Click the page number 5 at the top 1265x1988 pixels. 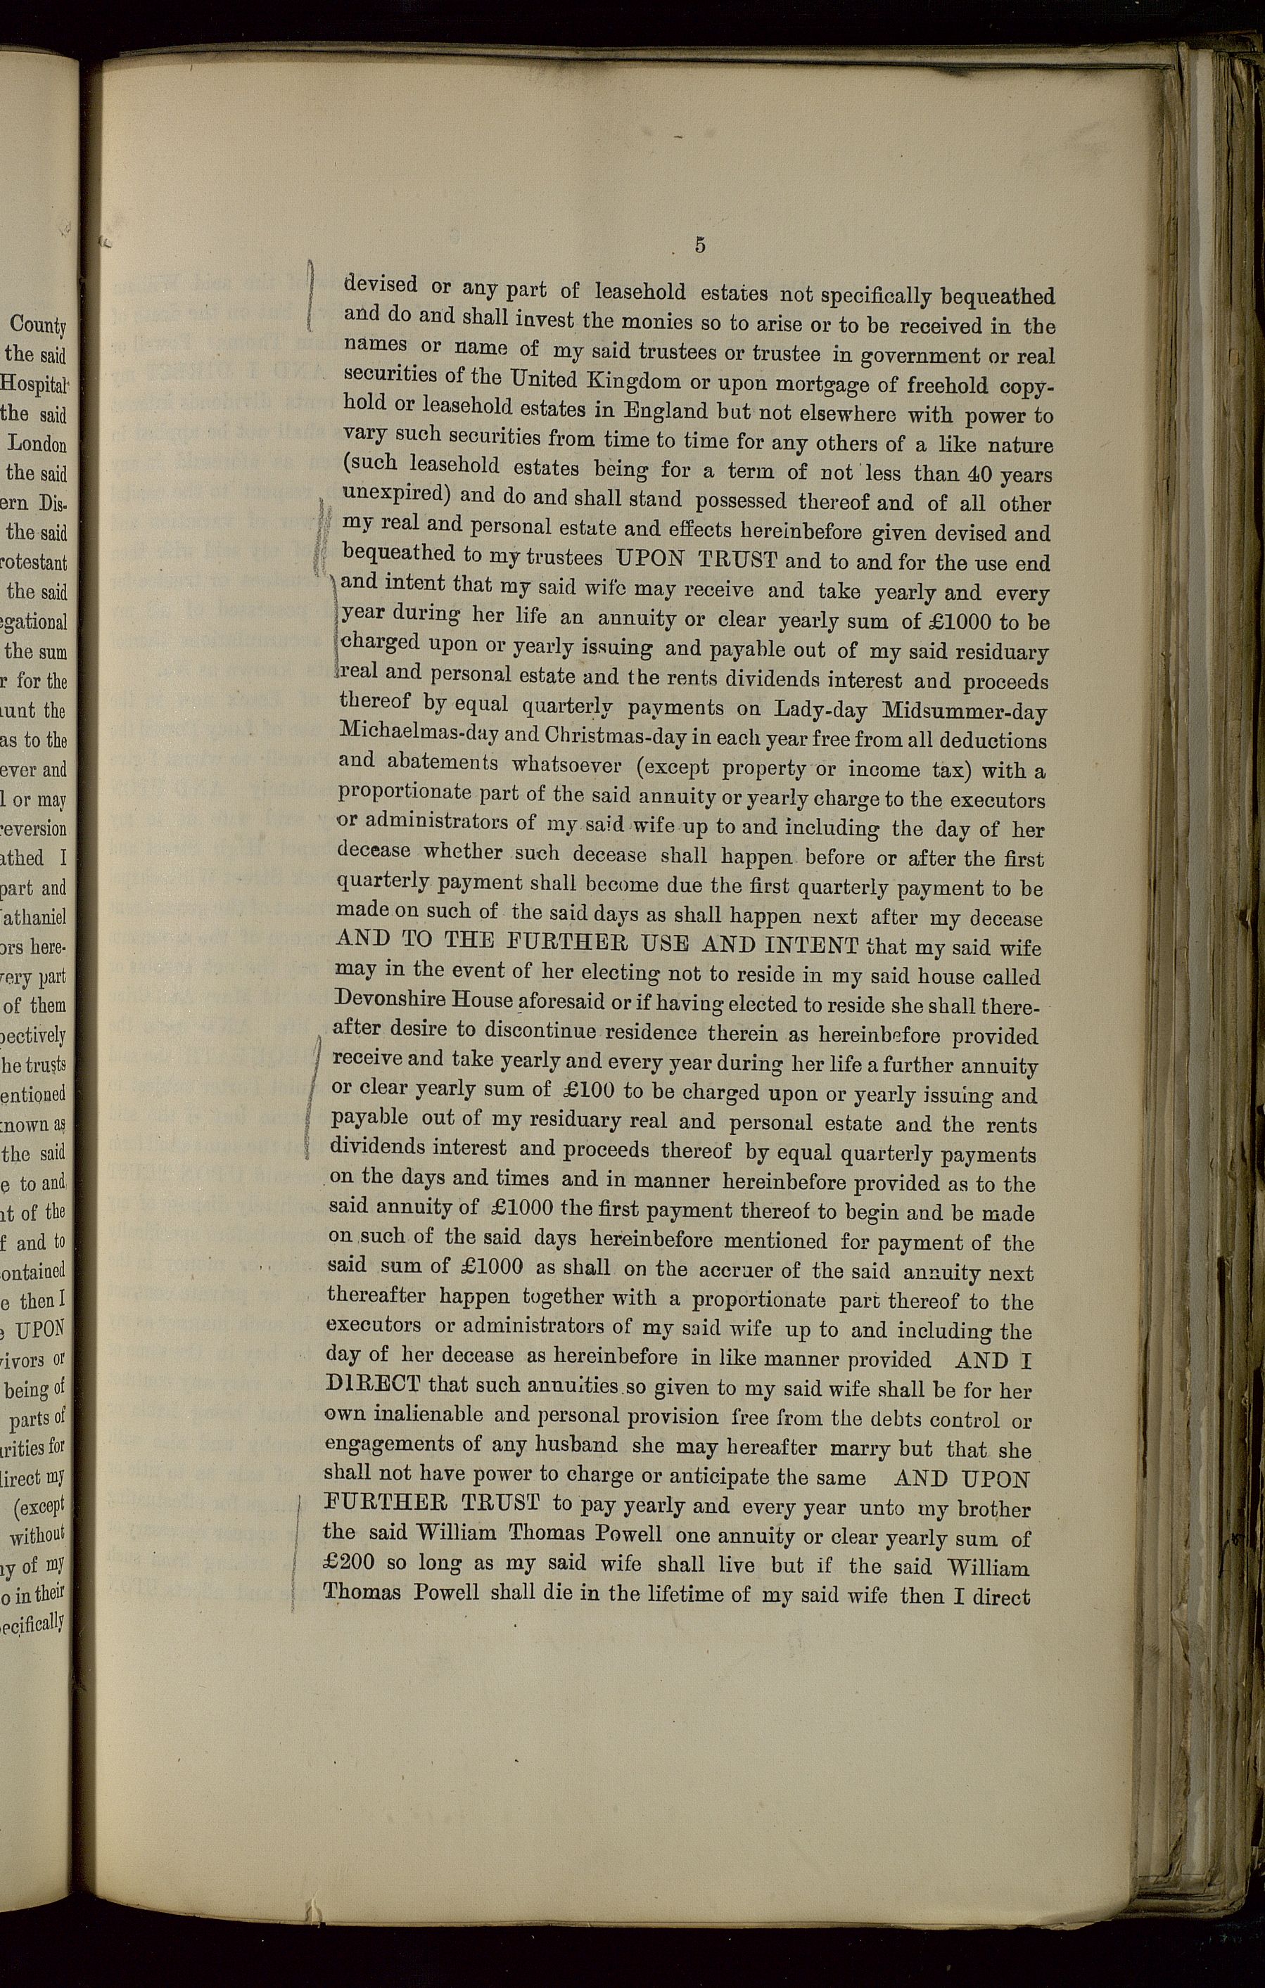699,245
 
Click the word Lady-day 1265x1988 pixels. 818,710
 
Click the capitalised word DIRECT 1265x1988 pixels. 373,1384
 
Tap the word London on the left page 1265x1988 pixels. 38,443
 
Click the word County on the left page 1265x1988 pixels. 38,326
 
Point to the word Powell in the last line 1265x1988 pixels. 445,1593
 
